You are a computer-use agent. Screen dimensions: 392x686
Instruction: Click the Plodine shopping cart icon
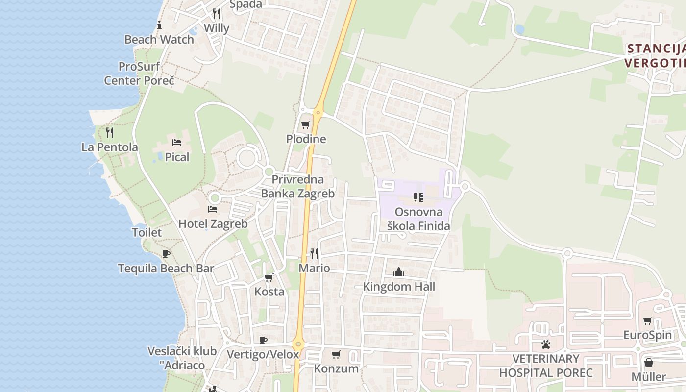click(x=306, y=124)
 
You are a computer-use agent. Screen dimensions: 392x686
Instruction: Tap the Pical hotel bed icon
click(x=177, y=143)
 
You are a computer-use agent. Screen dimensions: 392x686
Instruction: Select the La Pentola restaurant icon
click(x=110, y=132)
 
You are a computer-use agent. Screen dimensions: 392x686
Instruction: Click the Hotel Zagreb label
click(x=213, y=224)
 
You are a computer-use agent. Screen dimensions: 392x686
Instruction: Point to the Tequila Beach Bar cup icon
click(x=166, y=254)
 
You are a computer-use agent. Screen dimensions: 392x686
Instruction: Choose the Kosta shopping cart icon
click(x=269, y=278)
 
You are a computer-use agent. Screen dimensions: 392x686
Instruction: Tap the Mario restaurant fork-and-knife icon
click(x=314, y=254)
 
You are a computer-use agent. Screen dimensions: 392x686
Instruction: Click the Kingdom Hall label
click(x=399, y=287)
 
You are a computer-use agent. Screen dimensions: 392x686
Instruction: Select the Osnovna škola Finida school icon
click(x=418, y=197)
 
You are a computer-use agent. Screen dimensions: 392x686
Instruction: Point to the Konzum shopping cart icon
click(x=336, y=354)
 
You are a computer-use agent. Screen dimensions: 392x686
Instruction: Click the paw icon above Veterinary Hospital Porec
click(x=545, y=344)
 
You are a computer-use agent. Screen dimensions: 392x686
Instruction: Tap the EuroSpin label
click(x=647, y=335)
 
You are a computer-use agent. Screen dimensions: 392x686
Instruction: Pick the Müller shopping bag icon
click(x=648, y=363)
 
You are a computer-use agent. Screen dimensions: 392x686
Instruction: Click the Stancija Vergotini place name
click(x=655, y=55)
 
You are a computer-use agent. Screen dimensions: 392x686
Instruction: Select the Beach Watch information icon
click(x=159, y=25)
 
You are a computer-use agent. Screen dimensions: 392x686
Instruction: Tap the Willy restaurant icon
click(x=216, y=13)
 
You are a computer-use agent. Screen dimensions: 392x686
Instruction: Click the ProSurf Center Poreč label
click(x=139, y=73)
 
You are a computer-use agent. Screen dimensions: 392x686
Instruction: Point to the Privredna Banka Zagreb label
click(x=297, y=186)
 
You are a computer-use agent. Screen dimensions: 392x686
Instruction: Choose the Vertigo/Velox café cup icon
click(x=263, y=340)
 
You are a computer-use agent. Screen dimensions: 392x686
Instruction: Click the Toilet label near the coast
click(x=147, y=232)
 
